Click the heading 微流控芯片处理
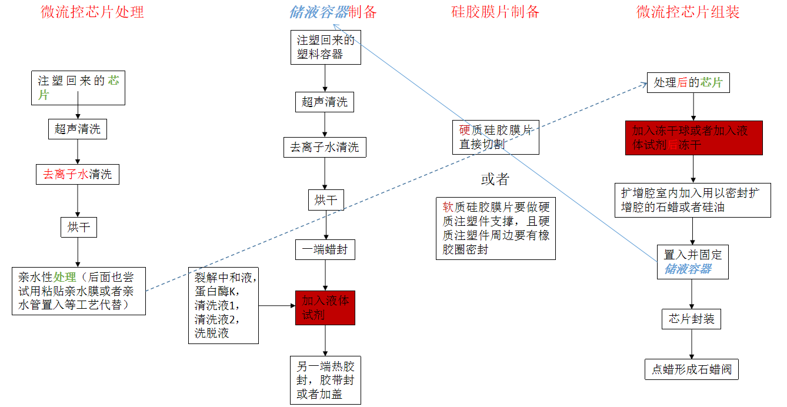click(92, 12)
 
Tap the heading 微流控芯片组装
click(688, 12)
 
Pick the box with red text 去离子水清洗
click(77, 174)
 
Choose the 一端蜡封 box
click(325, 249)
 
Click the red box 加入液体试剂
click(325, 308)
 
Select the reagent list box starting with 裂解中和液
click(224, 305)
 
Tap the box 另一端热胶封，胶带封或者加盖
click(325, 380)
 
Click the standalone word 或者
click(495, 179)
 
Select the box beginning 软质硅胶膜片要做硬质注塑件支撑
click(496, 229)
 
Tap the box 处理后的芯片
click(688, 83)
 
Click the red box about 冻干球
click(693, 138)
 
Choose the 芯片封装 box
click(691, 319)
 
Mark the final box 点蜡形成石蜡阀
click(691, 369)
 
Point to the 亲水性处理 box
click(78, 291)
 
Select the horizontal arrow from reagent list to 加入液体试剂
click(277, 305)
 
